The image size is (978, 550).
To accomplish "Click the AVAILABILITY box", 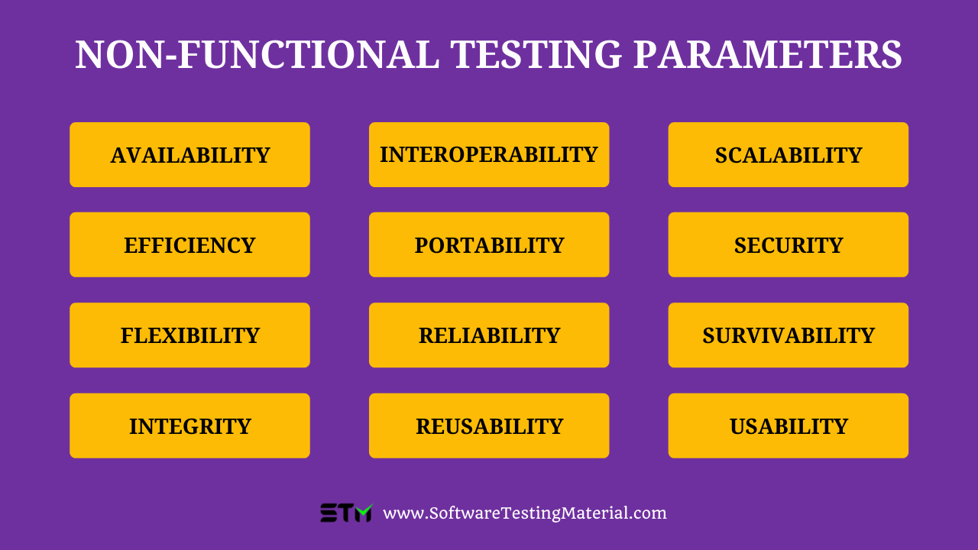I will coord(189,155).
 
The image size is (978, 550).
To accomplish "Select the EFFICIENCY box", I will coord(189,245).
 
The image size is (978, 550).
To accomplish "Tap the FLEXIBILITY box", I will coord(189,335).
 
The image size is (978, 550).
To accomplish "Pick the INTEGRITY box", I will coord(189,425).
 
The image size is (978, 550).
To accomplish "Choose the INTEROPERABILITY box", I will coord(489,155).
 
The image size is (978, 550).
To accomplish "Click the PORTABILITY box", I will coord(489,245).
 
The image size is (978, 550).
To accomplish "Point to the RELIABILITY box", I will coord(489,335).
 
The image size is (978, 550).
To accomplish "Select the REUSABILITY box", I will coord(489,425).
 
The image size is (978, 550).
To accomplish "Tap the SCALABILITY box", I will coord(789,155).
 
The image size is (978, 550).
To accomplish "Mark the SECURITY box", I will coord(789,245).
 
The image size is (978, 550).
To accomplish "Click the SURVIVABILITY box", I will coord(789,335).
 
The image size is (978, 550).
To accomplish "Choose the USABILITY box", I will coord(789,425).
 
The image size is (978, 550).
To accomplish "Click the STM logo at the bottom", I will coord(346,513).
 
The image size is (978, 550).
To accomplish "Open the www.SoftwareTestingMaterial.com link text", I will coord(525,513).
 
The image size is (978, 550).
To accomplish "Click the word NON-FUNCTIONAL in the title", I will coord(257,55).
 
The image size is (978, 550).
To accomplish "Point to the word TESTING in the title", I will coord(536,55).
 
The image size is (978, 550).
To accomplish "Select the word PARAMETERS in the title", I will coord(768,55).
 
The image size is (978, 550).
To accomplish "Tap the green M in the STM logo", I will coord(363,513).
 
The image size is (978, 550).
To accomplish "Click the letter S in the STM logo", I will coord(329,513).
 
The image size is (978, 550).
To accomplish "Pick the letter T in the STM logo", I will coord(345,513).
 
